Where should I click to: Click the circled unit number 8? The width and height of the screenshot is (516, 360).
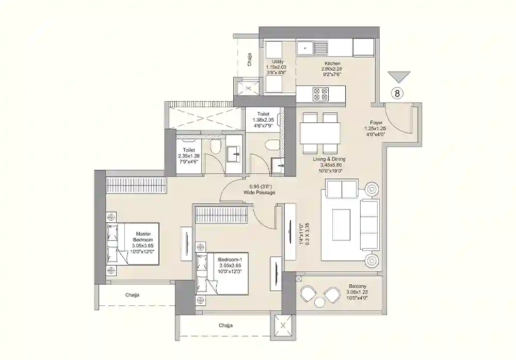(x=397, y=93)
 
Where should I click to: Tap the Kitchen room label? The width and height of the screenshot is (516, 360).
(x=332, y=63)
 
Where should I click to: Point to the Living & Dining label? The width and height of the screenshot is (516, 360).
(x=329, y=159)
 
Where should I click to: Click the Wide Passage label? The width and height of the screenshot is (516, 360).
(x=260, y=192)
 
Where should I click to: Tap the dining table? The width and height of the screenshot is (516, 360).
(x=320, y=133)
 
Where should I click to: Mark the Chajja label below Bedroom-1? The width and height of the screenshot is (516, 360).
(x=225, y=325)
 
